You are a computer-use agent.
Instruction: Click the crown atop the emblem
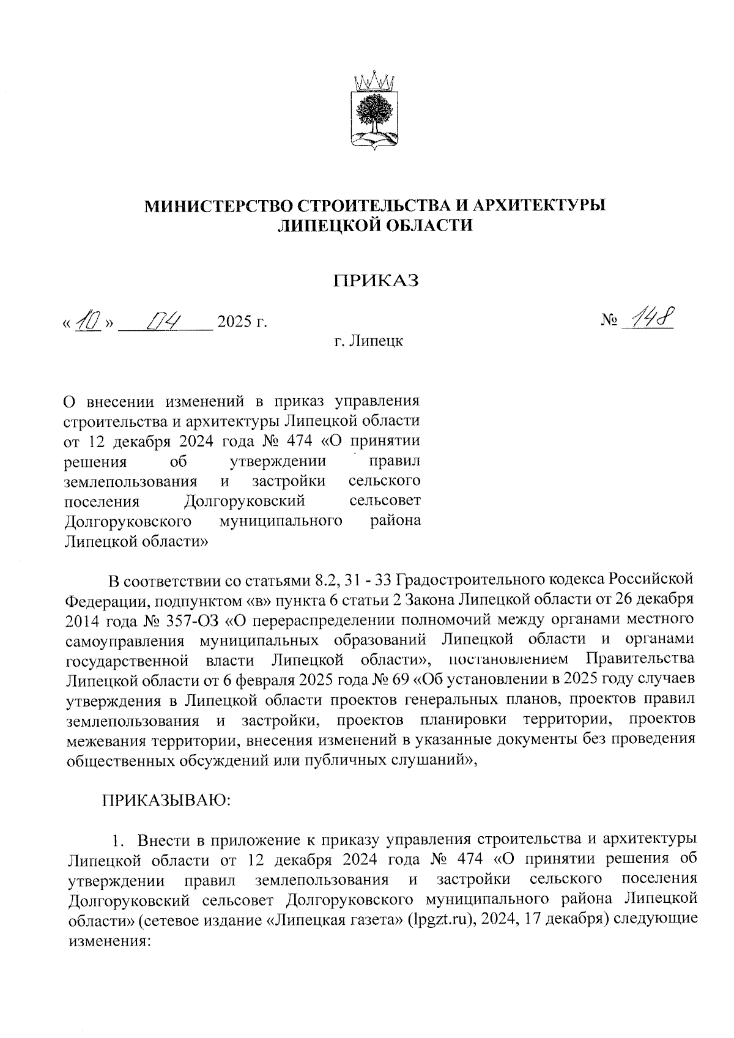[x=374, y=80]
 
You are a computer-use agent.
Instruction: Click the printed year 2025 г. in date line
[x=242, y=321]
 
